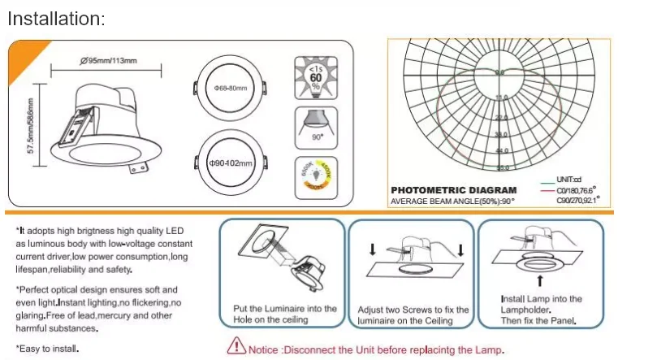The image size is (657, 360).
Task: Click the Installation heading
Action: coord(57,18)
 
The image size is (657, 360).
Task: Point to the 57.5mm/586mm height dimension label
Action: coord(32,126)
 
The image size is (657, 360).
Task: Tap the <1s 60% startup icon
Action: coord(315,76)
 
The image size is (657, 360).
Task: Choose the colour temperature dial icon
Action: coord(315,173)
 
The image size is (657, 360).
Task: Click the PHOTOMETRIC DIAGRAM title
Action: coord(453,190)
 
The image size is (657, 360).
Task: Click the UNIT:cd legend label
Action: coord(568,179)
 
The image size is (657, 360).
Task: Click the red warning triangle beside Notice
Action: coord(236,348)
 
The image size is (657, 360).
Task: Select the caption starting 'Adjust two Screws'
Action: coord(413,315)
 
